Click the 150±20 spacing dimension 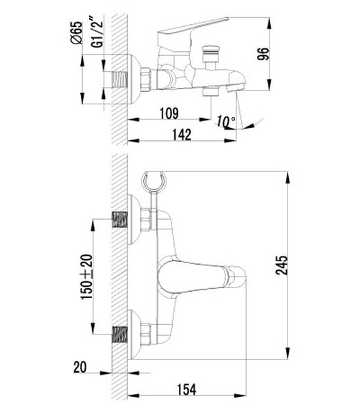click(x=86, y=276)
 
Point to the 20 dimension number click(x=82, y=367)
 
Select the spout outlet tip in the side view click(x=235, y=88)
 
